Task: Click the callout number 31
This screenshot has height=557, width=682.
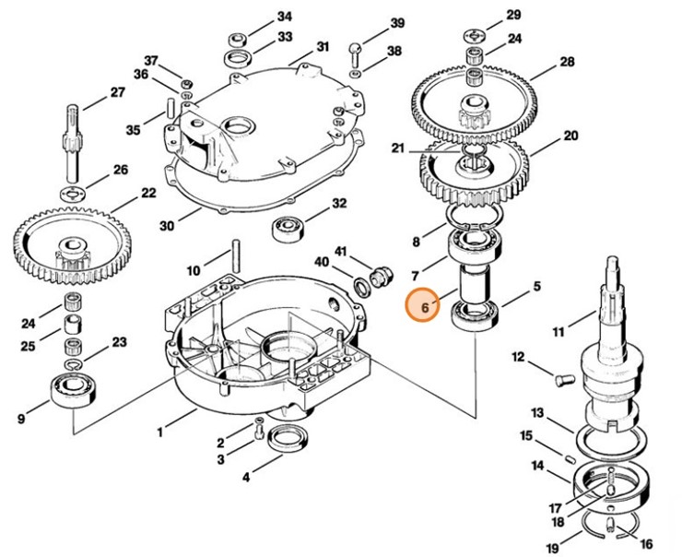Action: (323, 46)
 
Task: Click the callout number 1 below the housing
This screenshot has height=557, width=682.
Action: (160, 431)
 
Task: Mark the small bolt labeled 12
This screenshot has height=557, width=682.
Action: (565, 377)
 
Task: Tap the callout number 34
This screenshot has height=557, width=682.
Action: (285, 17)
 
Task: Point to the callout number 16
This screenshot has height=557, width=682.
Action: (646, 543)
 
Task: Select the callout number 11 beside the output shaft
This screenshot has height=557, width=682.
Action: (557, 331)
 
